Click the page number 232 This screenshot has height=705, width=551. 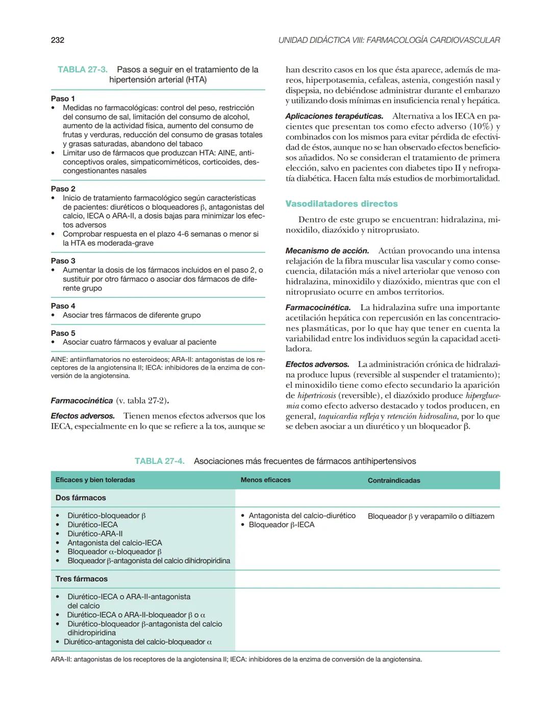click(x=58, y=40)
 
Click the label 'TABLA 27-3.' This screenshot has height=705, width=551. click(x=82, y=69)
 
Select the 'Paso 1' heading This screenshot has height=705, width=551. click(x=63, y=99)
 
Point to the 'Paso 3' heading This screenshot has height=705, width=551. click(x=63, y=261)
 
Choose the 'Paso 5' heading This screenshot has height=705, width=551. click(x=63, y=333)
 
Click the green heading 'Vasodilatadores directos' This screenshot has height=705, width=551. click(x=341, y=204)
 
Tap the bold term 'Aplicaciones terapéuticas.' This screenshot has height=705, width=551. click(x=334, y=116)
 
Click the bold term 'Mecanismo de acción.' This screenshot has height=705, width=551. click(x=327, y=251)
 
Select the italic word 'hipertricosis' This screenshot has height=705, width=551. click(x=316, y=395)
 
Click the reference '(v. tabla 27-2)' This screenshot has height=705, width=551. click(x=142, y=401)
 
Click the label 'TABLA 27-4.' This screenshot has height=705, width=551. click(x=159, y=461)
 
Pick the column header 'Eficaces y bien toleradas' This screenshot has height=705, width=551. click(x=95, y=480)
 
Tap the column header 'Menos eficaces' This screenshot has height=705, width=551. click(x=265, y=480)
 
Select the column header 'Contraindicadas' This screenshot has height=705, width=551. click(x=394, y=481)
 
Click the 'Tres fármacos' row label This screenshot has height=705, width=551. click(x=82, y=579)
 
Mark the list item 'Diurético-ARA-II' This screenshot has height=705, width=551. click(x=95, y=534)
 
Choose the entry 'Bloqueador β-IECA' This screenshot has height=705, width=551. click(x=281, y=525)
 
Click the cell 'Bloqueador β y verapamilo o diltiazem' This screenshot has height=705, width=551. click(x=431, y=516)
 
